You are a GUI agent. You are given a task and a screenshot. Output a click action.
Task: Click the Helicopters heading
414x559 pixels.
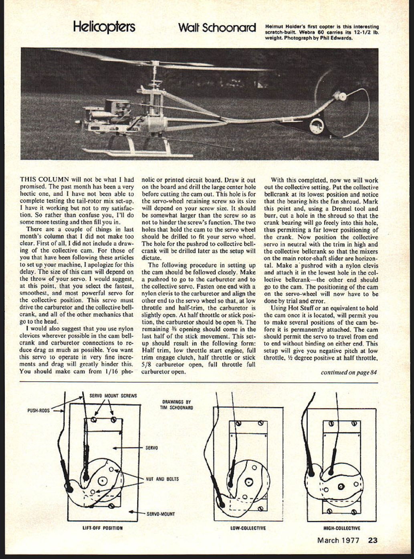(x=104, y=27)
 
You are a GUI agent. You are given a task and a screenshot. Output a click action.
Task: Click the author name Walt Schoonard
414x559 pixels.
(x=217, y=28)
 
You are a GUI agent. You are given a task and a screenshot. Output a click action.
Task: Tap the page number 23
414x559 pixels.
(x=372, y=540)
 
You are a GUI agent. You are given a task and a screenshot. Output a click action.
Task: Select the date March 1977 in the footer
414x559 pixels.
(x=338, y=540)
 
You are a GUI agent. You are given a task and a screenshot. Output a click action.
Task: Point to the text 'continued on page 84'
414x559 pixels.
(x=349, y=372)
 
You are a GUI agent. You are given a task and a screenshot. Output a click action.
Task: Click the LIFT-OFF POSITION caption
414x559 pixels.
(x=103, y=528)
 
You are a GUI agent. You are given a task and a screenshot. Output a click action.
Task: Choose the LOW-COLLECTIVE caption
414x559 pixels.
(x=248, y=528)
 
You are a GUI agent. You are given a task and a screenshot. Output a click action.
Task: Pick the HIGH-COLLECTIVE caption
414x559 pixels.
(x=341, y=528)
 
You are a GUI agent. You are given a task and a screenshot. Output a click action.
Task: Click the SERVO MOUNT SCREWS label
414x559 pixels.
(x=113, y=396)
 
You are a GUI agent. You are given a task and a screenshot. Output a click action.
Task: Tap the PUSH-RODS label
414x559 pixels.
(x=38, y=411)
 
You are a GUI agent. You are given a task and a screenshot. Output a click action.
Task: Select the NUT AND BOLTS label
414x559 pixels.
(x=162, y=479)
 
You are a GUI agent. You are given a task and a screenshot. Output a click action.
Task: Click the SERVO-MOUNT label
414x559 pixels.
(x=161, y=514)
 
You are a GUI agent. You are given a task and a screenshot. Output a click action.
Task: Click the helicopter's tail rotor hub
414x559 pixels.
(x=342, y=96)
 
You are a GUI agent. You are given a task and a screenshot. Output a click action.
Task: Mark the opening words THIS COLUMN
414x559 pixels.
(x=44, y=180)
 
